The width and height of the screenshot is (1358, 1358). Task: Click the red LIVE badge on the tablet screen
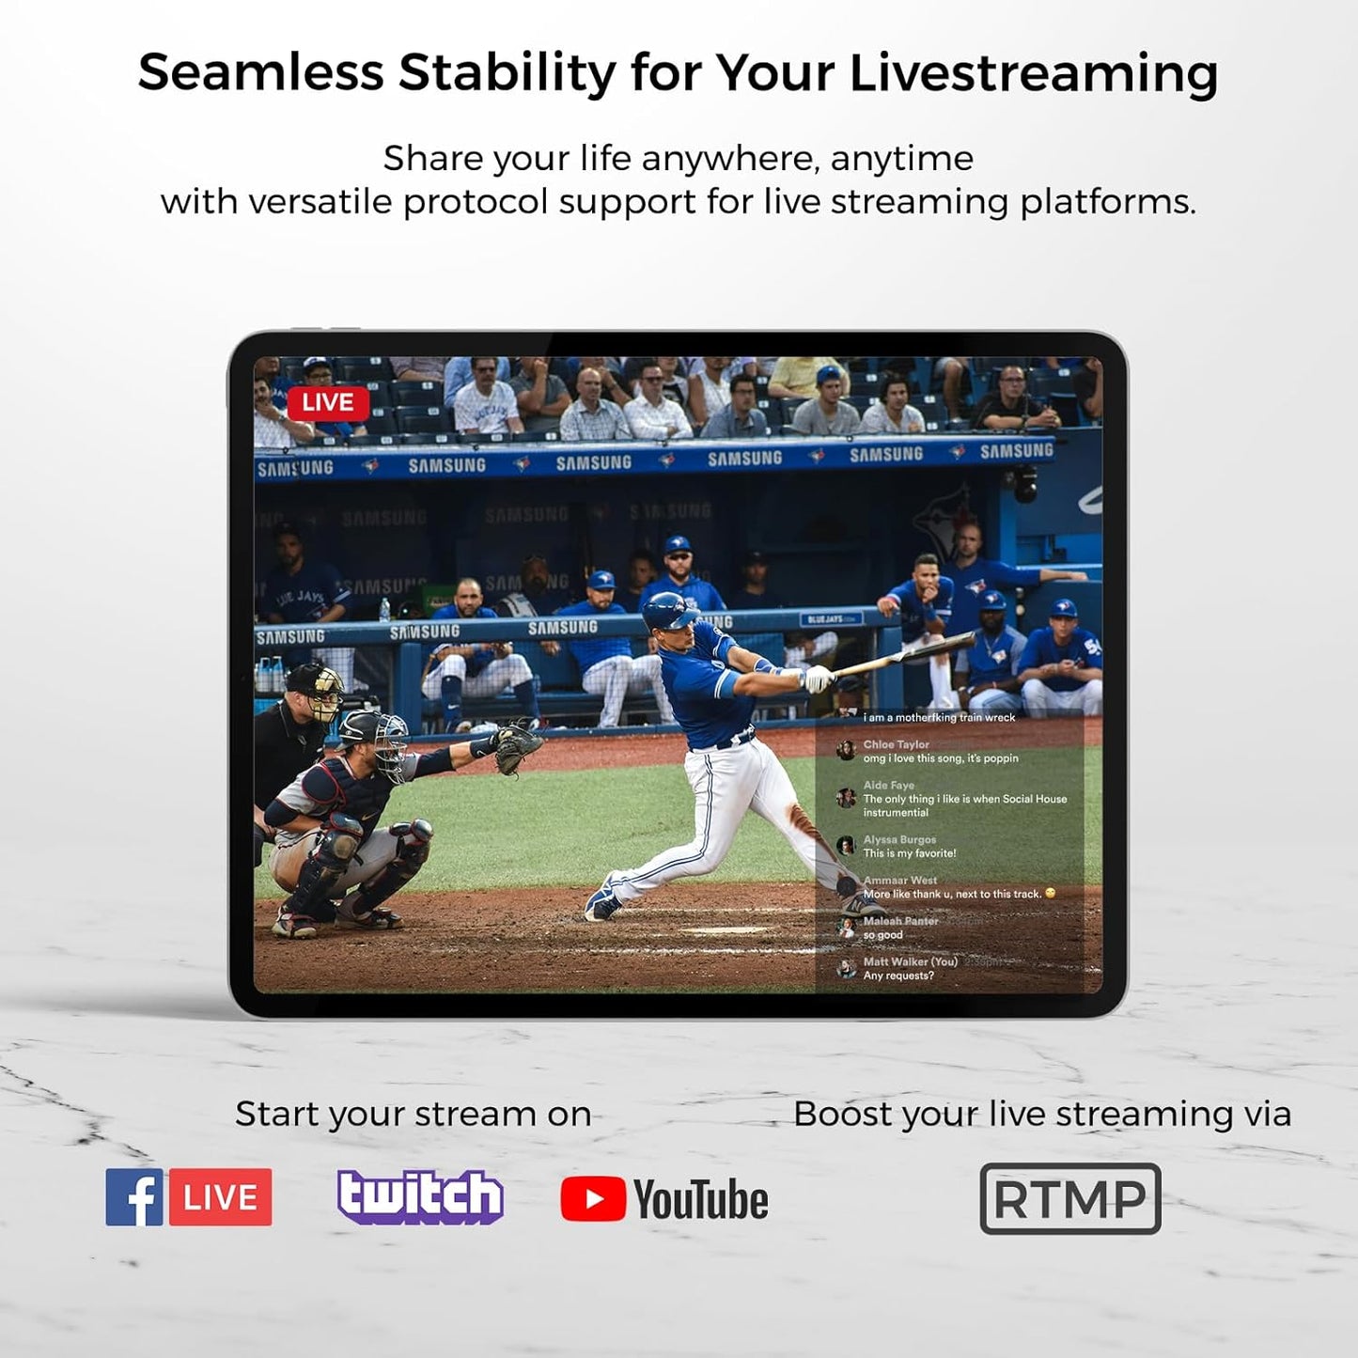tap(327, 402)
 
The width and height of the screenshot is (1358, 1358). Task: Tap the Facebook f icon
tap(134, 1197)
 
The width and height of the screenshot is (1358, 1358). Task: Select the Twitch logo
tap(420, 1196)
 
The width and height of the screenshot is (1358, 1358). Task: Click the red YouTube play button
tap(592, 1199)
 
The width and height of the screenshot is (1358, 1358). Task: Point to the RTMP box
tap(1069, 1198)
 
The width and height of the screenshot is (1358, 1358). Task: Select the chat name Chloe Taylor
tap(896, 744)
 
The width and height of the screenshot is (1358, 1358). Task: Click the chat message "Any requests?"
tap(898, 976)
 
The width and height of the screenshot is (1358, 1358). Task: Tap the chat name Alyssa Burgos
tap(899, 839)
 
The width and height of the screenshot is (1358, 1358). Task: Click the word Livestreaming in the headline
tap(1033, 72)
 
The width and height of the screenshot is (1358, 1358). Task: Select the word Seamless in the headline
tap(260, 72)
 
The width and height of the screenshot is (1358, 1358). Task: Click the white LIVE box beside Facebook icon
tap(221, 1197)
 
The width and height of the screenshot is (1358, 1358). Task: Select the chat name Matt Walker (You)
tap(910, 961)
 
